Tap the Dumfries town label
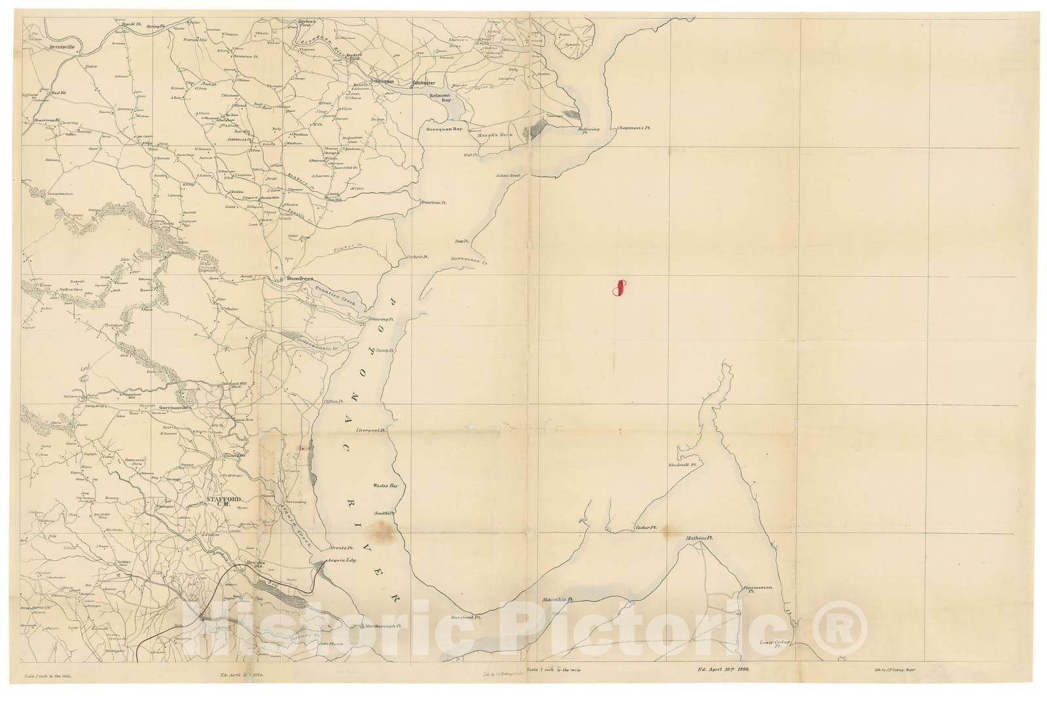tap(300, 279)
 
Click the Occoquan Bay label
tap(444, 130)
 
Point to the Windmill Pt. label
tap(684, 465)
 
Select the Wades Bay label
tap(385, 486)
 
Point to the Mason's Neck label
tap(497, 135)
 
